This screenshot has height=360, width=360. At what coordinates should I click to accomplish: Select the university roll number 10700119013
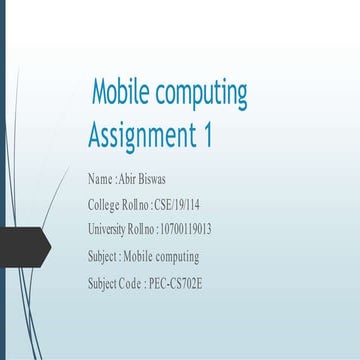(x=184, y=231)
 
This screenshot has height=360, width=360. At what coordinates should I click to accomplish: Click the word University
(x=108, y=231)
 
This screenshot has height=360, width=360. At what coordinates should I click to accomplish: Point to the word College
(x=103, y=206)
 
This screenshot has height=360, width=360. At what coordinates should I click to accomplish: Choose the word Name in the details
(x=100, y=181)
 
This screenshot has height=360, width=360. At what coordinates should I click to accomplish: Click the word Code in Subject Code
(x=133, y=283)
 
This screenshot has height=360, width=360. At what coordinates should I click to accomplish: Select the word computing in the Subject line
(x=176, y=257)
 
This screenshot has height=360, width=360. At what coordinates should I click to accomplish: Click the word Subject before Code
(x=104, y=283)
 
